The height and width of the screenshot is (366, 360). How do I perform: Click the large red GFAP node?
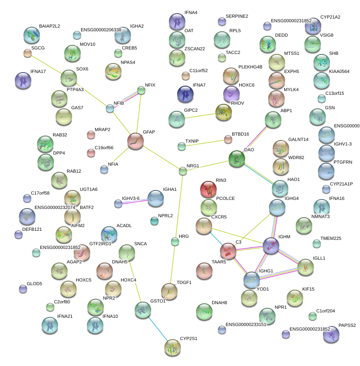135,141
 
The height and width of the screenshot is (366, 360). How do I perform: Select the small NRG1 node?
183,171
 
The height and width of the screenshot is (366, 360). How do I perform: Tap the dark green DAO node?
237,159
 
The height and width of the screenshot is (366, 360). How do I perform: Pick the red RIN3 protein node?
208,189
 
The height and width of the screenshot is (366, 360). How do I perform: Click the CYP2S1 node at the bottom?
172,347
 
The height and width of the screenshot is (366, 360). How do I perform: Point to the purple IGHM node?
271,246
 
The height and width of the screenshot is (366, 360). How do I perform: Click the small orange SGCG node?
28,53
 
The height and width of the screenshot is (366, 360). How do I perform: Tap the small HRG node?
175,242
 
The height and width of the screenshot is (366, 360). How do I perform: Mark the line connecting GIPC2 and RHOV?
200,116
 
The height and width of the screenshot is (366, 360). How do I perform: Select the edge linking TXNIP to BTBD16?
205,143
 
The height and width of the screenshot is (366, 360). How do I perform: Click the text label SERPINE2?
237,16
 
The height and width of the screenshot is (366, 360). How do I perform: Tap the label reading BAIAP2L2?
49,26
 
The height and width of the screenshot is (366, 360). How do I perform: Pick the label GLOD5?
35,284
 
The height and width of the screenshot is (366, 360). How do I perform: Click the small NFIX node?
141,91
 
